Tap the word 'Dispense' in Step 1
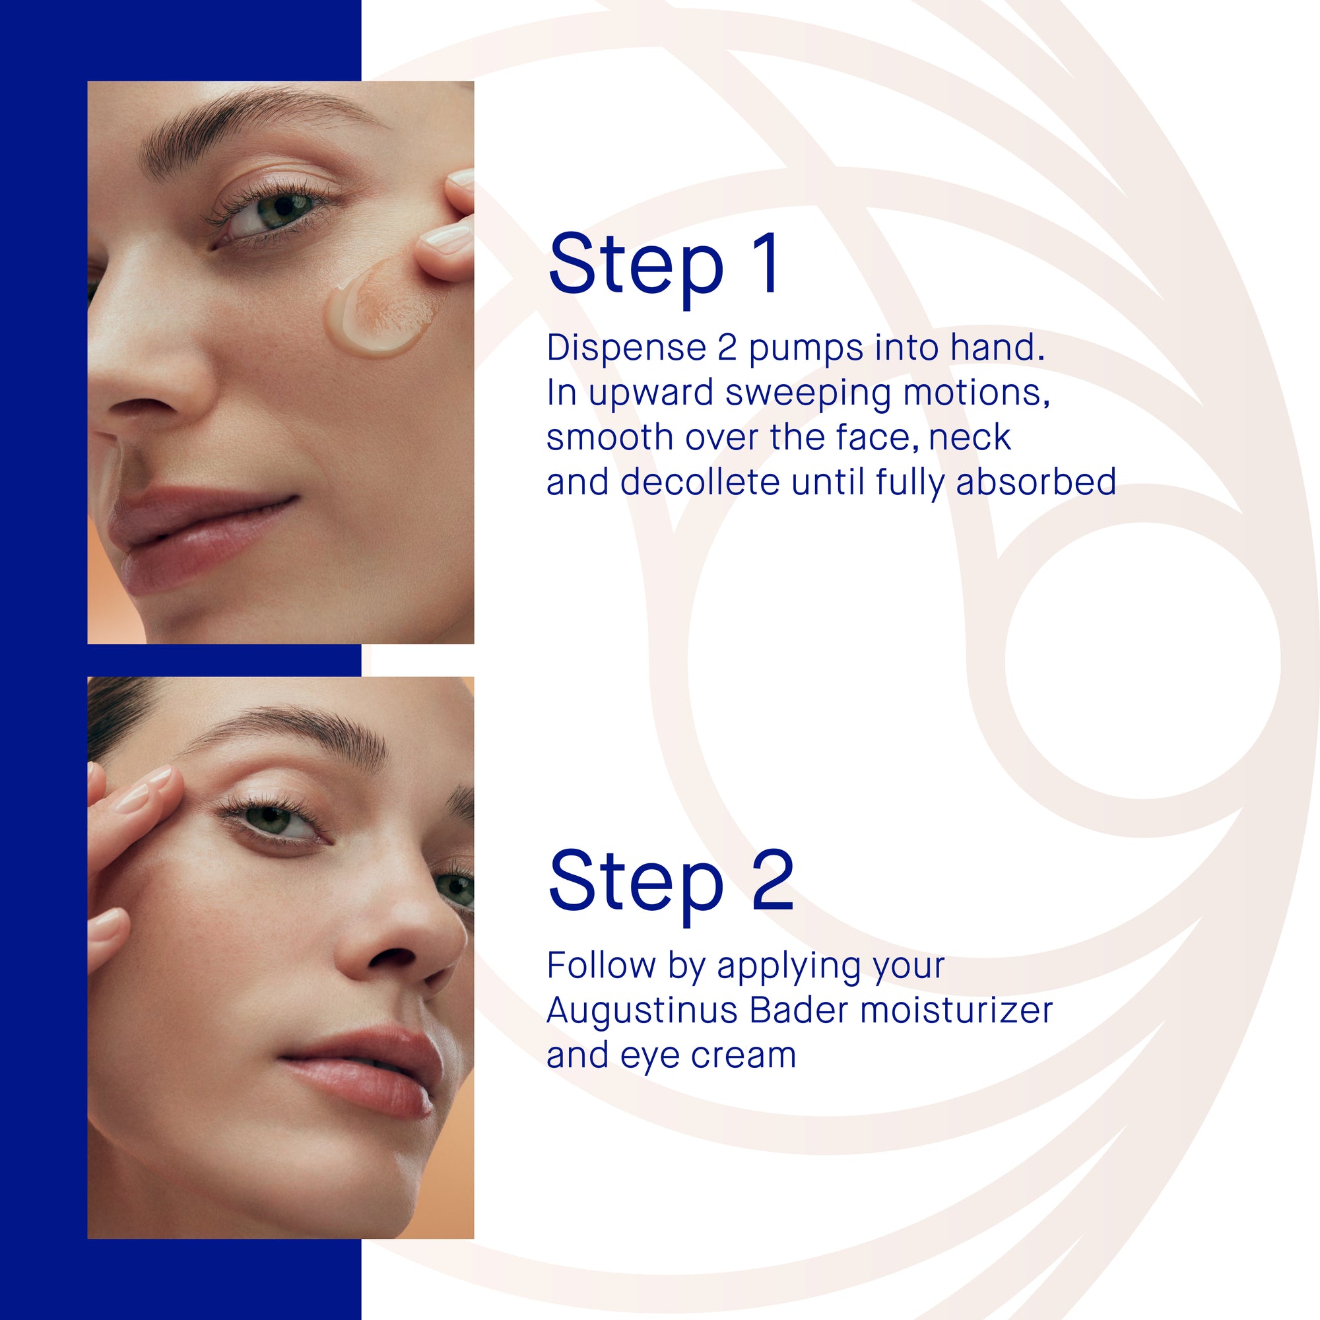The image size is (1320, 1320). click(x=626, y=348)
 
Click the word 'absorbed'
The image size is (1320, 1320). click(x=1036, y=482)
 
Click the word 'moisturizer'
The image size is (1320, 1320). click(x=956, y=1010)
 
